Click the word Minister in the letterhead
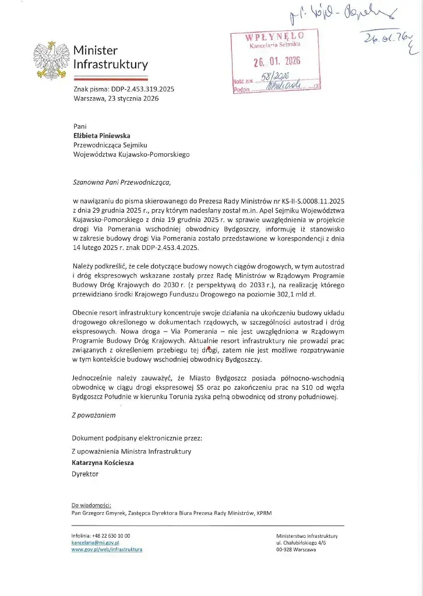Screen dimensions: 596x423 [96, 51]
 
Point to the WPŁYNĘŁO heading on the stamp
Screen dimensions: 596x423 [274, 35]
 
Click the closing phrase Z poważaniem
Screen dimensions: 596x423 [94, 415]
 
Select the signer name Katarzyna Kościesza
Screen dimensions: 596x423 [103, 463]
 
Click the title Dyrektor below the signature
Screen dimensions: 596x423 [85, 474]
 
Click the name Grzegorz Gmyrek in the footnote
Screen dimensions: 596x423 [104, 513]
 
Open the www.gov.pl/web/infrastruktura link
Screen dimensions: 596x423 [107, 549]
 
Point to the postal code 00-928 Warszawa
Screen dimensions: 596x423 [296, 549]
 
